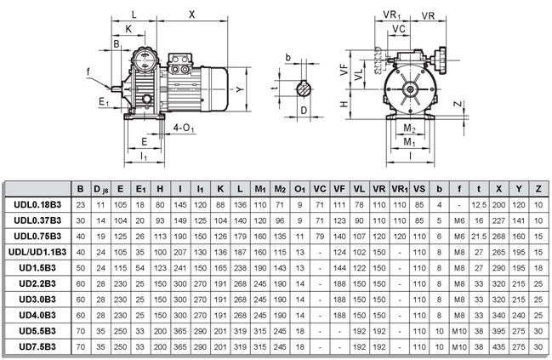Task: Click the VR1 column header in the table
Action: pyautogui.click(x=399, y=188)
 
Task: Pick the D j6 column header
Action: pyautogui.click(x=100, y=188)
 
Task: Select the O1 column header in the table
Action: pyautogui.click(x=299, y=188)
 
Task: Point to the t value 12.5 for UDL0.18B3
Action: pyautogui.click(x=477, y=204)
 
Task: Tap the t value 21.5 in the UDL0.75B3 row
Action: pyautogui.click(x=477, y=236)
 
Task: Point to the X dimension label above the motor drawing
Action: pyautogui.click(x=191, y=14)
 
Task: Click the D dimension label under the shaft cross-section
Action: pyautogui.click(x=304, y=111)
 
